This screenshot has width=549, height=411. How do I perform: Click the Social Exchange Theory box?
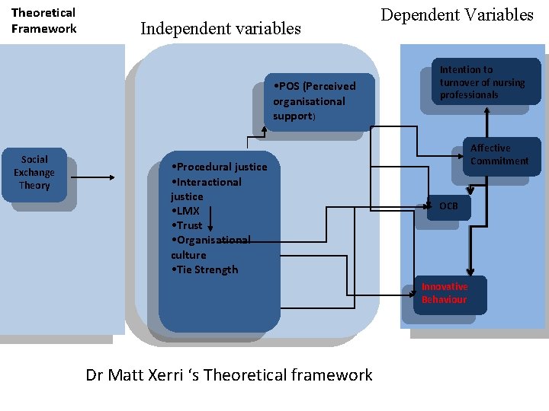pos(34,173)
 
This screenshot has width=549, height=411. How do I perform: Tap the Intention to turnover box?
pos(482,82)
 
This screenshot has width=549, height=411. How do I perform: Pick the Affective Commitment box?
pos(499,155)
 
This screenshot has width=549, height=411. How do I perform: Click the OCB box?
pos(448,206)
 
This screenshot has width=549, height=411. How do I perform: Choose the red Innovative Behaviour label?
pos(445,293)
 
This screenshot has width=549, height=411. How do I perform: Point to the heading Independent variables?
pos(220,29)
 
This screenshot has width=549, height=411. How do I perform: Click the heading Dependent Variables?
pos(457,14)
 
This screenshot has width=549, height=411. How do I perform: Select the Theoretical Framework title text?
pos(43,21)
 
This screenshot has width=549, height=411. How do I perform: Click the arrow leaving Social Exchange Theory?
pos(96,179)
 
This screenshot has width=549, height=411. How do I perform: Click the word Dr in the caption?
pos(95,374)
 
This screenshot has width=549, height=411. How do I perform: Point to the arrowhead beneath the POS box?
pos(264,130)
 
